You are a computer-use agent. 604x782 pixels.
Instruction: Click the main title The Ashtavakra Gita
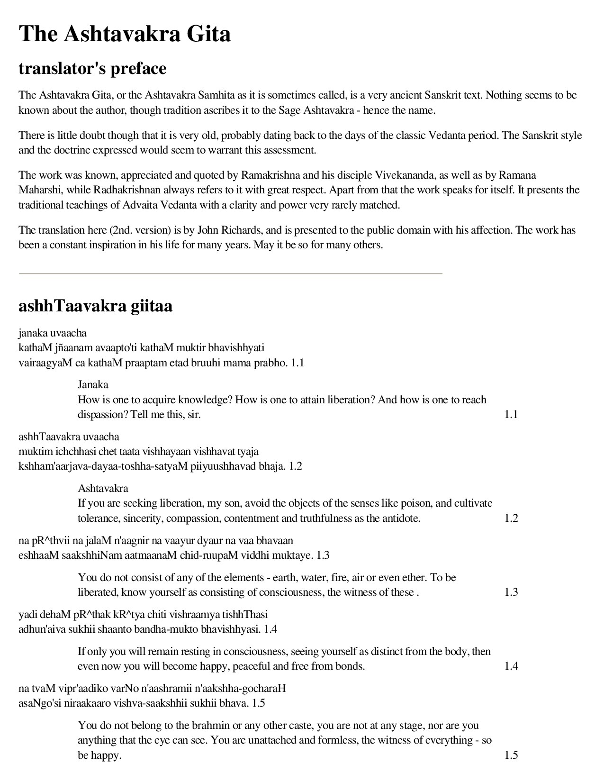pos(125,34)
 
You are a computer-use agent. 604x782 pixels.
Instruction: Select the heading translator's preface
pos(92,68)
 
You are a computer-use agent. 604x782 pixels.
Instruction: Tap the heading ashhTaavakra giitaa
pos(95,306)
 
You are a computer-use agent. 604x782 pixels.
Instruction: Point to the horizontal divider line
pos(230,273)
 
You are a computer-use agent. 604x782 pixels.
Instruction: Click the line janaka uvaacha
pos(53,333)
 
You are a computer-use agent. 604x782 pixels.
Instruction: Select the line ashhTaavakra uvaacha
pos(69,436)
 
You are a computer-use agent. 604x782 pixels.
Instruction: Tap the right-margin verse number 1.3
pos(511,592)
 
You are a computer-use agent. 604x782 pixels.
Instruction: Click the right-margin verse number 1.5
pos(511,755)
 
